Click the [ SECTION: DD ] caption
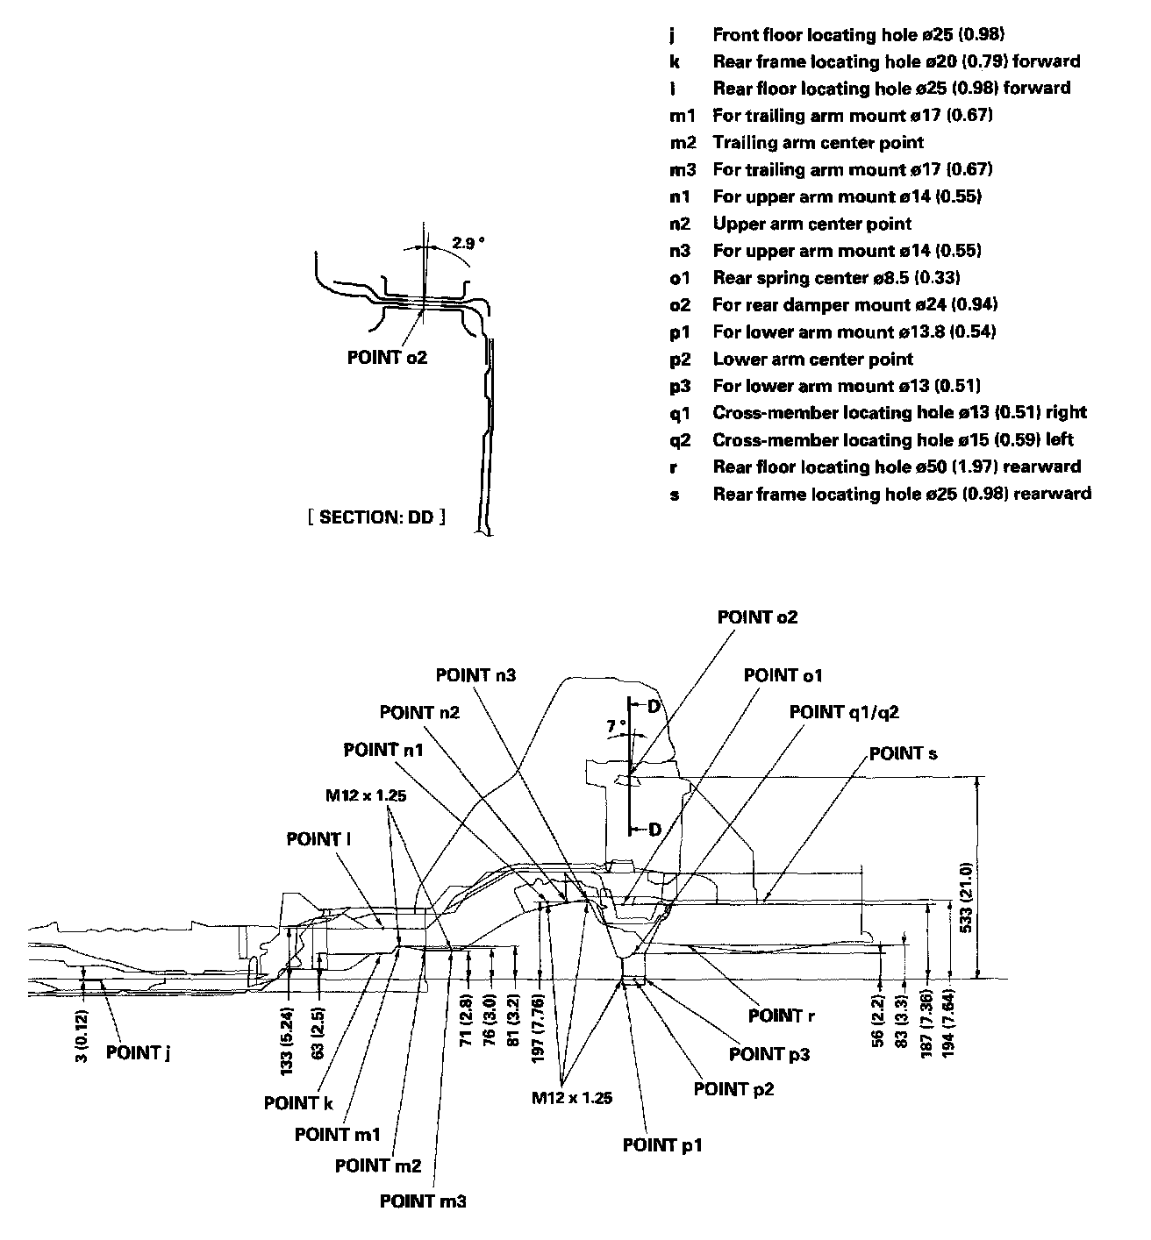376,517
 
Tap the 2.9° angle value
468,243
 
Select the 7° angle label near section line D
617,725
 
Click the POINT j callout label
138,1052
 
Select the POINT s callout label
903,753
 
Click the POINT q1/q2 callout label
844,711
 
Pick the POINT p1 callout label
662,1144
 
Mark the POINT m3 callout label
423,1201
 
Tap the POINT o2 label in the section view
387,357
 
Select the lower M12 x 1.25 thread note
572,1097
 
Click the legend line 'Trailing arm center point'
818,142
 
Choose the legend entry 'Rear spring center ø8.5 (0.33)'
836,278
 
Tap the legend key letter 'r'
673,467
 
